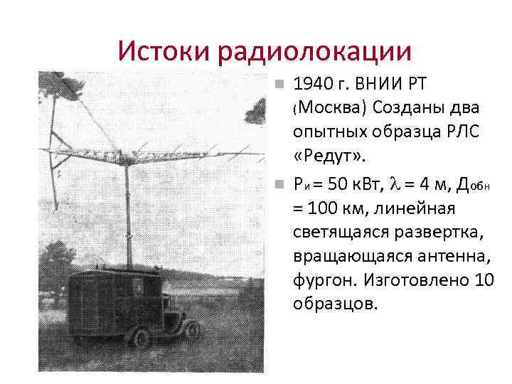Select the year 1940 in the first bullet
coord(312,85)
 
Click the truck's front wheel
coord(191,329)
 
